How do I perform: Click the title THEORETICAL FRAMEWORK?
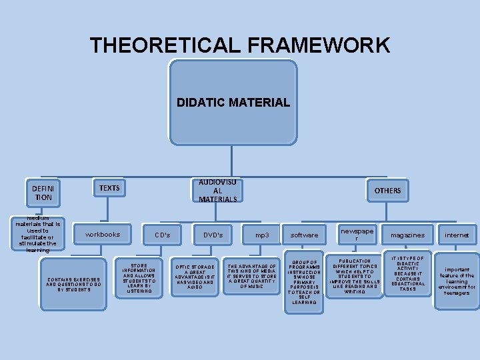(x=240, y=45)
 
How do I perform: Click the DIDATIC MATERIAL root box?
(x=233, y=103)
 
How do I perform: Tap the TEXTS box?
(x=109, y=188)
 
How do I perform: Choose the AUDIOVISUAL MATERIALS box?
(x=217, y=190)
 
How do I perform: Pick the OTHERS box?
(x=387, y=191)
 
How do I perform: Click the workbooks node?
(x=103, y=234)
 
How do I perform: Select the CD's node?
(x=163, y=235)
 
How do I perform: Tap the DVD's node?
(x=213, y=235)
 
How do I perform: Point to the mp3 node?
(x=263, y=235)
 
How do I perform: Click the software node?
(x=305, y=235)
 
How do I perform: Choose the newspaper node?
(x=357, y=234)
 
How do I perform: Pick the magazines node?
(x=407, y=235)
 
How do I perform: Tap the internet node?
(x=457, y=235)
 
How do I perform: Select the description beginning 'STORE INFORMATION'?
(x=139, y=278)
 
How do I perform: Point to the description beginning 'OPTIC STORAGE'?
(x=195, y=276)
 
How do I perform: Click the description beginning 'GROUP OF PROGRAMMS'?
(x=304, y=281)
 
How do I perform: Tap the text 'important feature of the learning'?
(x=457, y=281)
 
